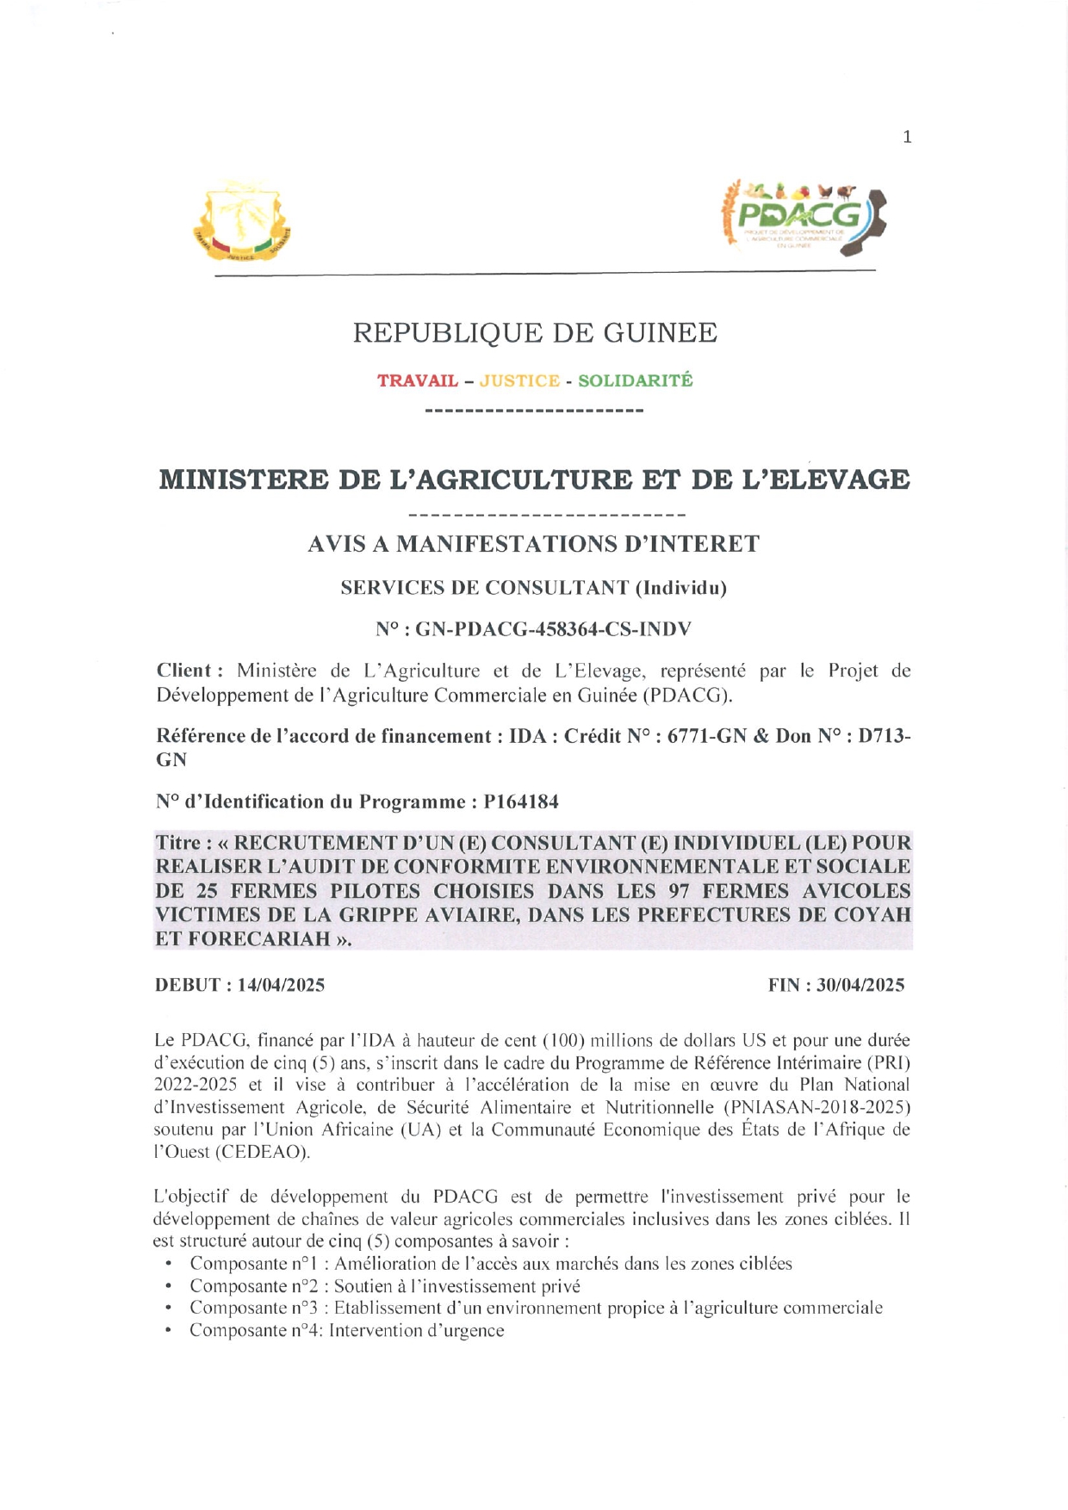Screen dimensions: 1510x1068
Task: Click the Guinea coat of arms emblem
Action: (242, 222)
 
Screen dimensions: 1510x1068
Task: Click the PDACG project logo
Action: (804, 218)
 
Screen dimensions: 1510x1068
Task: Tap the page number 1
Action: (907, 137)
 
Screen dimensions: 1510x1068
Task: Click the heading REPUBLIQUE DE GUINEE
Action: (535, 332)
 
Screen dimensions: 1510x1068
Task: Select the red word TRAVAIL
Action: (417, 381)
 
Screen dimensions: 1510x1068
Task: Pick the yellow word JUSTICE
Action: (519, 381)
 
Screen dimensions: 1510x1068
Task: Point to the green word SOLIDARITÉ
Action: (635, 381)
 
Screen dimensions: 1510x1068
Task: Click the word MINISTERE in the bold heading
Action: (243, 480)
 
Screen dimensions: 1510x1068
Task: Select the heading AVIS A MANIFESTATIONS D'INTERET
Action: (534, 544)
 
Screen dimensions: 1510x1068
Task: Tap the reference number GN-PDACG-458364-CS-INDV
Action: (554, 629)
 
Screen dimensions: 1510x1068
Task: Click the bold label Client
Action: (184, 671)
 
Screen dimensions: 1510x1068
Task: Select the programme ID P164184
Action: (520, 802)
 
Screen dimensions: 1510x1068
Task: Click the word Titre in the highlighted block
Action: (178, 843)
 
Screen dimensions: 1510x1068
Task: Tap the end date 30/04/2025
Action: (860, 985)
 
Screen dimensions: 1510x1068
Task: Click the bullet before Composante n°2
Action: (169, 1286)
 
